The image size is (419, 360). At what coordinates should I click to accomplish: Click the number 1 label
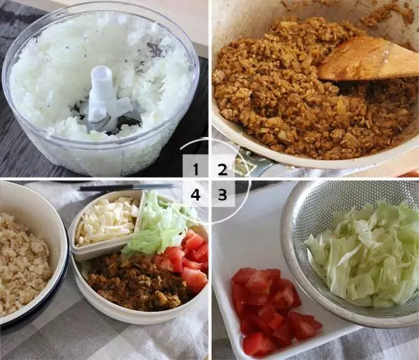point(196,168)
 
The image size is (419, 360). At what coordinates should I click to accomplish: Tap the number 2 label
point(222,168)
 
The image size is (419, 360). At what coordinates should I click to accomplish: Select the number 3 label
point(222,194)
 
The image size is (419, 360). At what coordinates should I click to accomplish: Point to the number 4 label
point(196,194)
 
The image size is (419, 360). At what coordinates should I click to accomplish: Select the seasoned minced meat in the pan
point(265,91)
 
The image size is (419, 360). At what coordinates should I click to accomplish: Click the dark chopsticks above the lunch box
point(126,187)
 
